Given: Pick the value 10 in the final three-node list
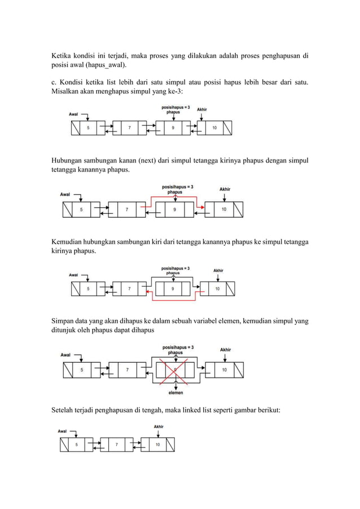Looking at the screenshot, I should coord(157,445).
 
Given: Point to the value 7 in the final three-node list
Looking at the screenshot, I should coord(117,445).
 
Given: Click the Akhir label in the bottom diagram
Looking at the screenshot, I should coord(159,427).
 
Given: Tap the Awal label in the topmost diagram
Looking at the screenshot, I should coord(73,114).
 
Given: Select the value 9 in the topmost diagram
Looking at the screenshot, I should coord(173,128).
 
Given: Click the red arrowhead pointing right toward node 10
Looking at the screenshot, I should coord(201,209).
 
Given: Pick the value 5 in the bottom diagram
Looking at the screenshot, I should coord(77,445).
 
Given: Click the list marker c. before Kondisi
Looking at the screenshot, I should coord(55,82).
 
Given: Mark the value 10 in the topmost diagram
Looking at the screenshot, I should coord(214,128).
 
